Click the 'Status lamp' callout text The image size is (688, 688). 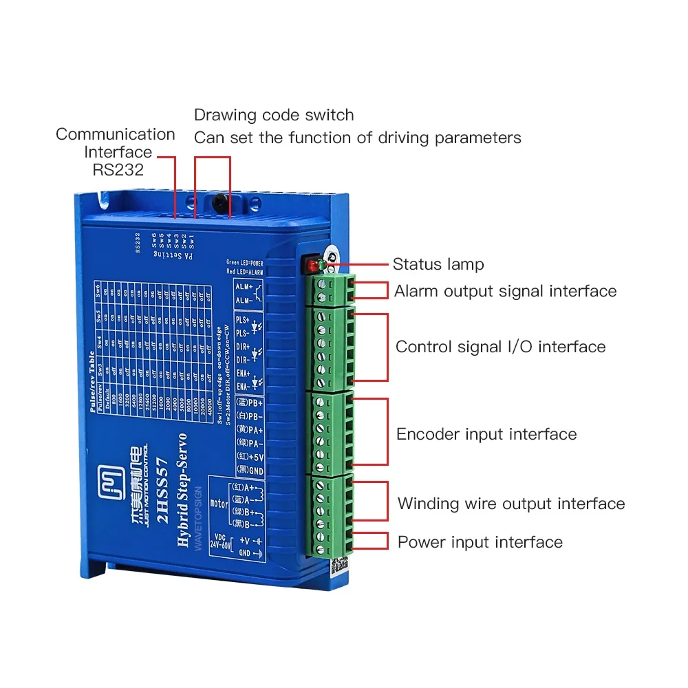click(x=438, y=264)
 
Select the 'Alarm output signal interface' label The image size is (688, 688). click(x=505, y=291)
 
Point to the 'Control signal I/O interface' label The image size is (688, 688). click(x=500, y=347)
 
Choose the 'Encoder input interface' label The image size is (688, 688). click(x=486, y=434)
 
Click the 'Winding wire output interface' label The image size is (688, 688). click(x=511, y=504)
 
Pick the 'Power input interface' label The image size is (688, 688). click(x=480, y=542)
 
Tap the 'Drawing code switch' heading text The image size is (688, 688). click(x=274, y=115)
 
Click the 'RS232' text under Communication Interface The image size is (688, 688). click(x=118, y=169)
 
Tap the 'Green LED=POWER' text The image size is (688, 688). click(x=244, y=263)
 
